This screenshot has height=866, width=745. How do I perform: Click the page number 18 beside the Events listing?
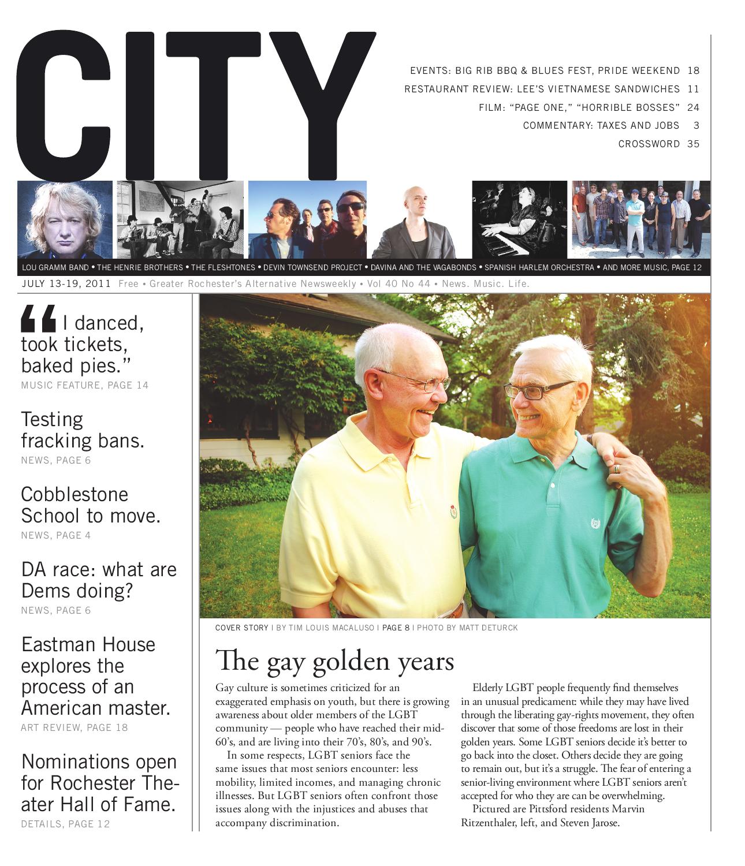point(693,71)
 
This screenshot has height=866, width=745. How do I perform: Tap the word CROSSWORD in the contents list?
point(649,144)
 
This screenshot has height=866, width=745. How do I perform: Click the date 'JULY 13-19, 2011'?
point(67,284)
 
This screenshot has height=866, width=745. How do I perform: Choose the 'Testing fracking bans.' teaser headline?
point(83,430)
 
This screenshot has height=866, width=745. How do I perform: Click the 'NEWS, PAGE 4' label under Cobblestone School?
point(55,535)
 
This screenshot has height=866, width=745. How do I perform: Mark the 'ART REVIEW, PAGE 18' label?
point(74,727)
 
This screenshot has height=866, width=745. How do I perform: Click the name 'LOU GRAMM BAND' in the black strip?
point(55,268)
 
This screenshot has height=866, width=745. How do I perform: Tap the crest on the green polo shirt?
point(594,524)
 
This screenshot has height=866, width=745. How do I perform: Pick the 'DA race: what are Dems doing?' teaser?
point(99,580)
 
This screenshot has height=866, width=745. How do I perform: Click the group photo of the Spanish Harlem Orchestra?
point(641,219)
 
